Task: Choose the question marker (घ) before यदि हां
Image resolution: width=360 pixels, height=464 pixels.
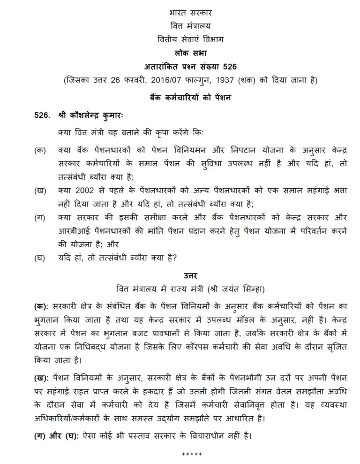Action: [x=41, y=257]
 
